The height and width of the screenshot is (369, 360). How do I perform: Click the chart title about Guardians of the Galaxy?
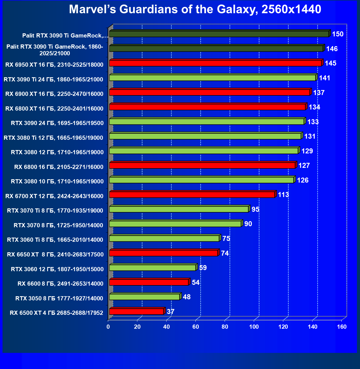pos(195,9)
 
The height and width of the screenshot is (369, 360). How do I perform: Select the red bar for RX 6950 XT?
pos(215,63)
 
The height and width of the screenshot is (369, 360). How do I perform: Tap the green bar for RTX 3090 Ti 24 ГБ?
pos(213,78)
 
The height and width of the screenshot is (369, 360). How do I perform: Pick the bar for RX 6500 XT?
pos(136,311)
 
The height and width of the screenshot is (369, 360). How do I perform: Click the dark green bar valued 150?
pos(219,34)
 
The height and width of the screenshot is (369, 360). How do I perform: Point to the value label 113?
pos(283,195)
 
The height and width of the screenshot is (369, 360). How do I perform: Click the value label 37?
pos(170,311)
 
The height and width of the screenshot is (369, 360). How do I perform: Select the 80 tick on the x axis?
pos(225,327)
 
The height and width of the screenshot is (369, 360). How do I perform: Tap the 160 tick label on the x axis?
pos(342,327)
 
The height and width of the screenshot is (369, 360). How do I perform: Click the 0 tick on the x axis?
pos(108,327)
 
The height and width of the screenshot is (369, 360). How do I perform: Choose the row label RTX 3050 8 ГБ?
pos(59,298)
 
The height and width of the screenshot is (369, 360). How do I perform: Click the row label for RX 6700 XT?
pos(54,196)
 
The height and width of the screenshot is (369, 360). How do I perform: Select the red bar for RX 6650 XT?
pos(163,253)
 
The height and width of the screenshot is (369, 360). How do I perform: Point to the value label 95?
pos(255,209)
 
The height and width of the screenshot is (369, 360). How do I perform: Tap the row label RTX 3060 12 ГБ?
pos(57,269)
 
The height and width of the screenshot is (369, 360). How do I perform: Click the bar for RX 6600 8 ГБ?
pos(149,282)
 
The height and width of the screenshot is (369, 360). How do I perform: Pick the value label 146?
pos(332,49)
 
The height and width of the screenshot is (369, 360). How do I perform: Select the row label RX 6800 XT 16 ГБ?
pos(54,108)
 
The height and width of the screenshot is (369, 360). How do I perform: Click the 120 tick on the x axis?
pos(283,327)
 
